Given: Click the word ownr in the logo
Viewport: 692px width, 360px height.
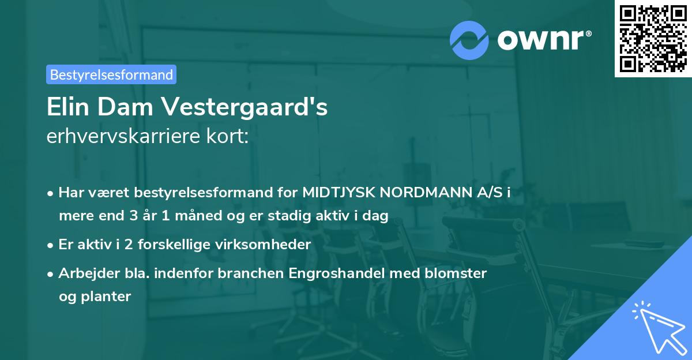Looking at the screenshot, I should coord(543,40).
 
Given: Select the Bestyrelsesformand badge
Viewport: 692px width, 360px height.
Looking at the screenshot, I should coord(111,74).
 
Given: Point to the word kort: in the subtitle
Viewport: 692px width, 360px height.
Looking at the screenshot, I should coord(230,137).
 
